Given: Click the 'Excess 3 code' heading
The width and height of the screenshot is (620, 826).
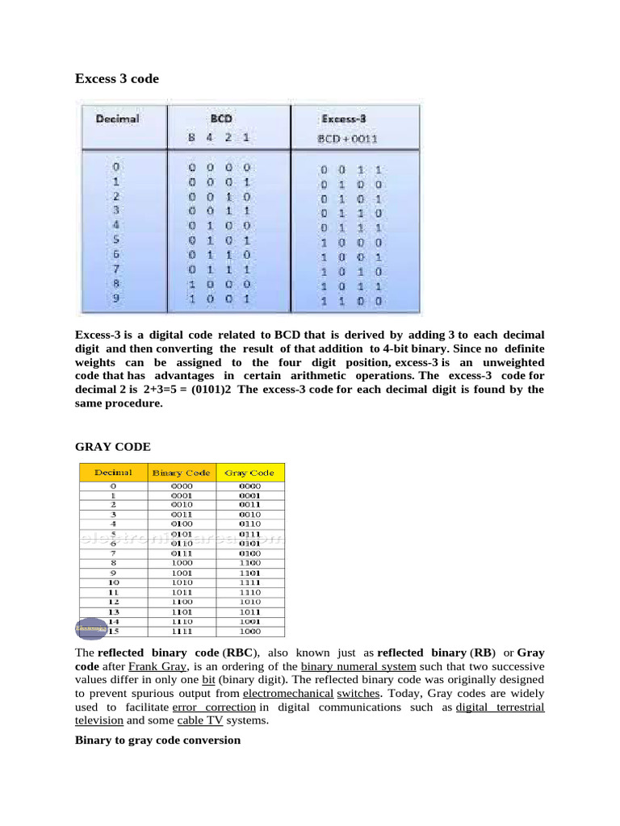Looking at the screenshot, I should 117,78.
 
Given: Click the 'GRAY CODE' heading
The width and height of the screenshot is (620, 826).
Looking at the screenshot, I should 112,446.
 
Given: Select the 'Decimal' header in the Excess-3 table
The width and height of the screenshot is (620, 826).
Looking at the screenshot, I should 118,119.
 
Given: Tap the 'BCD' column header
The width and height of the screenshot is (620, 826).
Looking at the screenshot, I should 221,118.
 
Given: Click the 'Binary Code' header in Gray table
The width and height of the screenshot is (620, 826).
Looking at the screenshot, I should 181,473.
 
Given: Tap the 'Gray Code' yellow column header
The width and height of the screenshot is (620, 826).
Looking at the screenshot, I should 249,473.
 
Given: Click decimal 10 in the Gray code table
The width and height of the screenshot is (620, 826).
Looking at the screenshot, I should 114,581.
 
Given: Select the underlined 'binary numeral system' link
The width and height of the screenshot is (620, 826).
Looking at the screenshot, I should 358,666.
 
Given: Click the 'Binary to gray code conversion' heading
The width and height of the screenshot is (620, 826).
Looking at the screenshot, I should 157,740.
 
